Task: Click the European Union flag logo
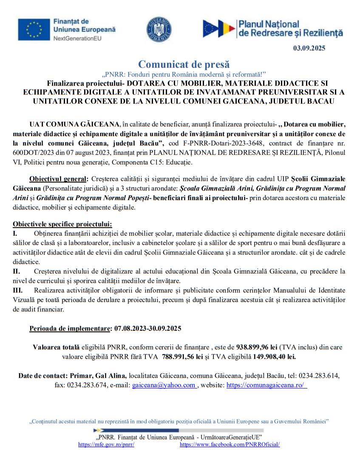pyautogui.click(x=32, y=30)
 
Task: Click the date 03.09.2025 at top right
pyautogui.click(x=309, y=48)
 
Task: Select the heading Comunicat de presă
pyautogui.click(x=184, y=64)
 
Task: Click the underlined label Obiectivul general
pyautogui.click(x=57, y=178)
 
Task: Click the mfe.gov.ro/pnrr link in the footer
pyautogui.click(x=107, y=444)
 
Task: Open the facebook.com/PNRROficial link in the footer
pyautogui.click(x=230, y=444)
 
